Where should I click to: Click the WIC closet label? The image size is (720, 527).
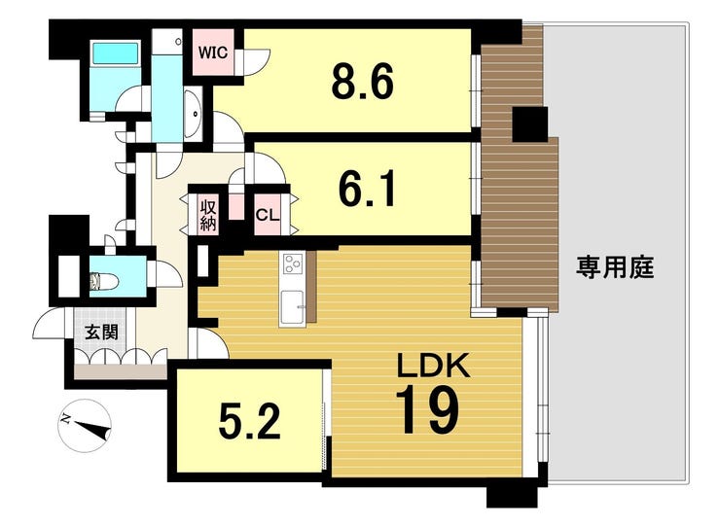coord(214,53)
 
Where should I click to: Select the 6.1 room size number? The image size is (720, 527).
coord(367,191)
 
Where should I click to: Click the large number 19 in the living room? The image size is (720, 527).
coord(427,411)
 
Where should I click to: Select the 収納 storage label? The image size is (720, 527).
coord(208,214)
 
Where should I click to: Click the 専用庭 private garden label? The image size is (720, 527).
coord(614,267)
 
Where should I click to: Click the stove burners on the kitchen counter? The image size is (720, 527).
coord(294,263)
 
